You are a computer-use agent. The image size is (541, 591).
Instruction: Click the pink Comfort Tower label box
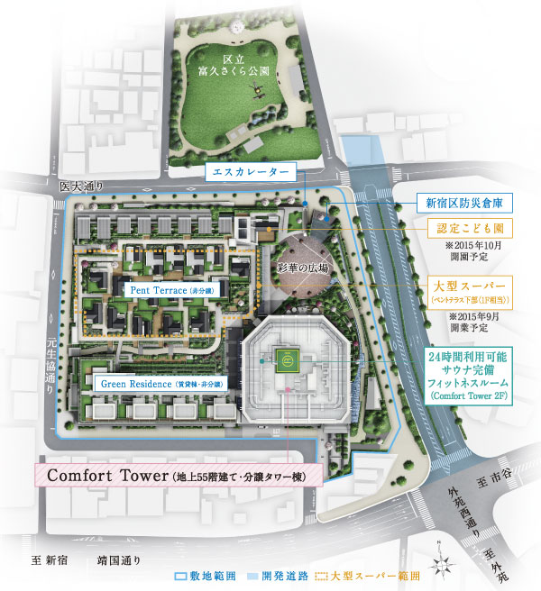tap(177, 474)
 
